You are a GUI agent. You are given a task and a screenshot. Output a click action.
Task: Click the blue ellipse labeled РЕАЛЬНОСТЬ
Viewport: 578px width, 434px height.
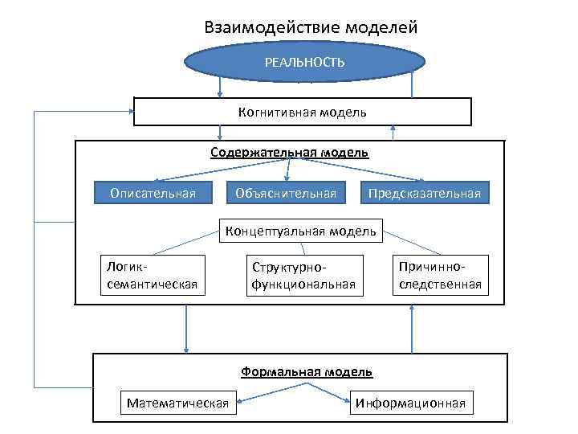tap(305, 62)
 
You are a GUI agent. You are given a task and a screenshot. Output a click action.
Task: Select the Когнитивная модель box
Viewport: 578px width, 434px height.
tap(302, 112)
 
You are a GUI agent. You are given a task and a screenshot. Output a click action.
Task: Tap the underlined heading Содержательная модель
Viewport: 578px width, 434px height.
tap(290, 152)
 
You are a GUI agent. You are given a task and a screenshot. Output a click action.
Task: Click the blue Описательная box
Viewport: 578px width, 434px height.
tap(153, 193)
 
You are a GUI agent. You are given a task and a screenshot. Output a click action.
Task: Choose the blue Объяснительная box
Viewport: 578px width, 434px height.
tap(286, 193)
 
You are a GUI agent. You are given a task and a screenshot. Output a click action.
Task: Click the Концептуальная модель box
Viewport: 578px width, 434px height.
tap(300, 231)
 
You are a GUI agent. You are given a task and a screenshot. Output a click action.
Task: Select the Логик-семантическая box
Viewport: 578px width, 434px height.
tap(149, 275)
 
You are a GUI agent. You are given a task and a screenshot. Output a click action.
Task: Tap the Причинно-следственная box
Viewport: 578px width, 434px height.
tap(438, 275)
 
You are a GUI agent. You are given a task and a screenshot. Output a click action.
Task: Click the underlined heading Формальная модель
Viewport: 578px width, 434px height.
tap(306, 371)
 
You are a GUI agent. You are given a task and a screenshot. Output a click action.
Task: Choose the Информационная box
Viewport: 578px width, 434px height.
tap(411, 403)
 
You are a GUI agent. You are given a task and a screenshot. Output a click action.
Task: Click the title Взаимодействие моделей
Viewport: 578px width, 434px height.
tap(311, 27)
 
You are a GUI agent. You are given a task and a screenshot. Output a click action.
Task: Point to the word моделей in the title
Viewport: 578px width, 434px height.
tap(381, 27)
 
